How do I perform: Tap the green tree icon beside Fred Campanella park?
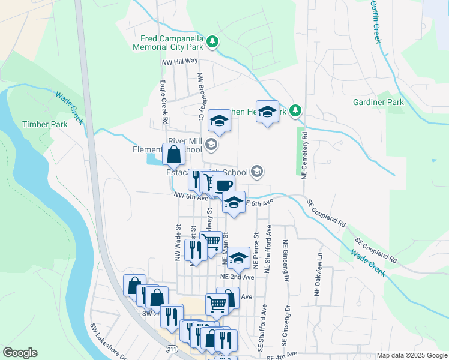tap(212, 41)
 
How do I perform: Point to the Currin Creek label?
tap(376, 21)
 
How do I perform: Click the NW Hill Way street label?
tap(179, 61)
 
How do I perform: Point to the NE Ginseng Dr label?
tap(286, 258)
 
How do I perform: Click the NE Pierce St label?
tap(256, 250)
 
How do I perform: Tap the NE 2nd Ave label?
tap(237, 277)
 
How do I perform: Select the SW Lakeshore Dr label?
tap(107, 341)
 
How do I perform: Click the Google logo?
tap(20, 353)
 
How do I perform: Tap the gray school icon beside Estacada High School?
tap(257, 172)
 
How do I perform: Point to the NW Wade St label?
tap(178, 237)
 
